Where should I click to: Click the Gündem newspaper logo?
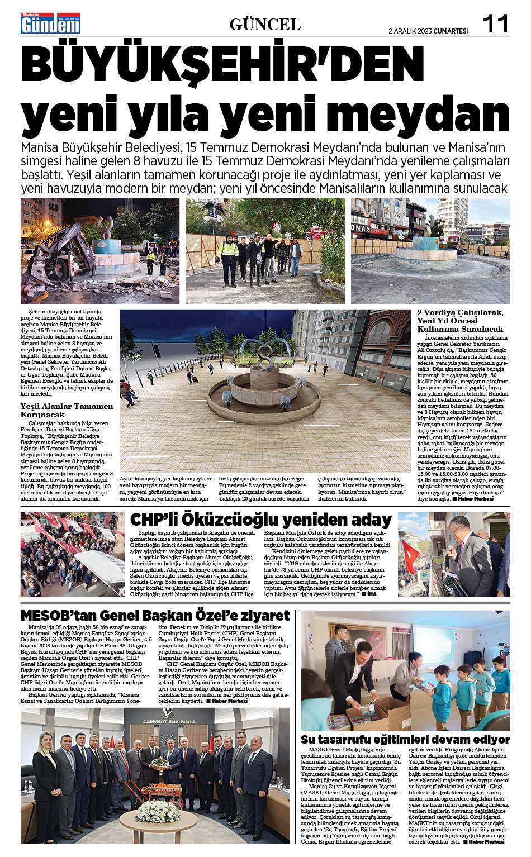pyautogui.click(x=50, y=23)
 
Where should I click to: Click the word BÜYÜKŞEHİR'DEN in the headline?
pyautogui.click(x=222, y=65)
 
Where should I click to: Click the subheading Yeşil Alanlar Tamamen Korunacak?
pyautogui.click(x=67, y=410)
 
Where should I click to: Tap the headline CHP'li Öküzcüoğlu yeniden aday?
pyautogui.click(x=260, y=520)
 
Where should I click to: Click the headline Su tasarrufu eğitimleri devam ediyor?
pyautogui.click(x=405, y=739)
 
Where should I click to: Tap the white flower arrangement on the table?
pyautogui.click(x=157, y=810)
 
